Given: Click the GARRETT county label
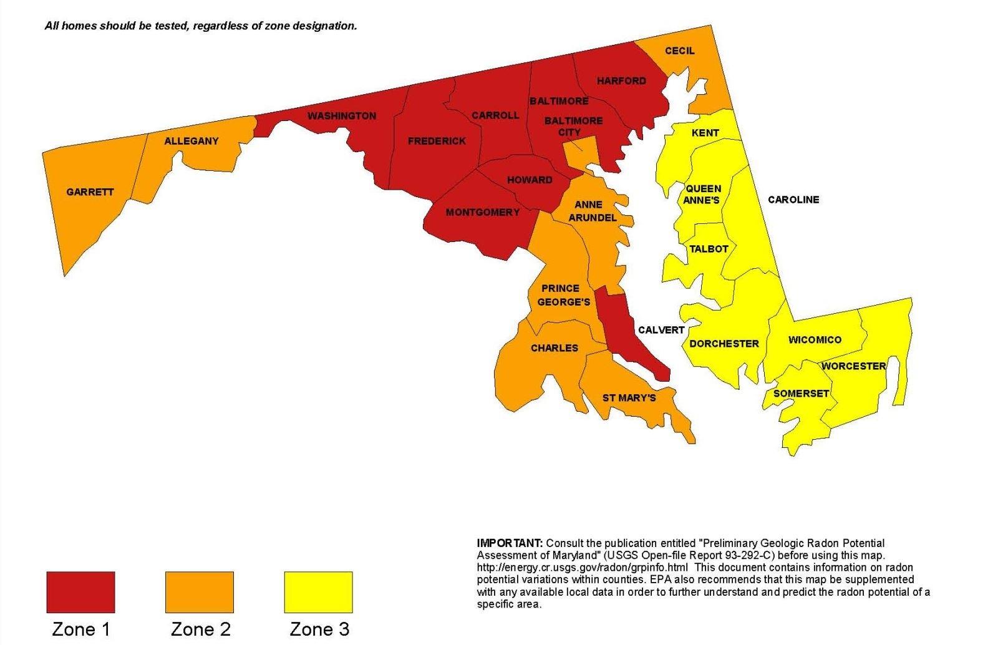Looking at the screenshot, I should coord(90,192).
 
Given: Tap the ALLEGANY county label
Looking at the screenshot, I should coord(191,141).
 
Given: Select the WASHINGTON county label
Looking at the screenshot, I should coord(341,116).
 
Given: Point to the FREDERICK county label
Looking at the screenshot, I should coord(437,141).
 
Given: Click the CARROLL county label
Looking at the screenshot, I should coord(495,115).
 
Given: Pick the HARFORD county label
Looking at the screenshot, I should coord(621,80).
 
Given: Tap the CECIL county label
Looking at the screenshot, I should coord(679,51).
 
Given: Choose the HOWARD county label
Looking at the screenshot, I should coord(530,180).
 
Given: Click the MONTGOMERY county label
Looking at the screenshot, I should coord(482,212).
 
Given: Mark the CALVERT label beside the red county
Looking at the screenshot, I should coord(661,330).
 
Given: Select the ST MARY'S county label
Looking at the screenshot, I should coord(629,397).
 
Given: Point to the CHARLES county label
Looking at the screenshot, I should coord(554,347).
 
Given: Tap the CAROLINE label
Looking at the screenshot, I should coord(793,200).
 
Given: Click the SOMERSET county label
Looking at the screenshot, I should coord(801,394).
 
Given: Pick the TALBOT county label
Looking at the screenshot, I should coord(709,249).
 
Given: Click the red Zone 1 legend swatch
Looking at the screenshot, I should coord(80,592).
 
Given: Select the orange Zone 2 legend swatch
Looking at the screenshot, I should coord(199,592).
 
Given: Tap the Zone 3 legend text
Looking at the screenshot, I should coord(319,629).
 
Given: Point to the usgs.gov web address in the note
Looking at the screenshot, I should coord(582,568).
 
